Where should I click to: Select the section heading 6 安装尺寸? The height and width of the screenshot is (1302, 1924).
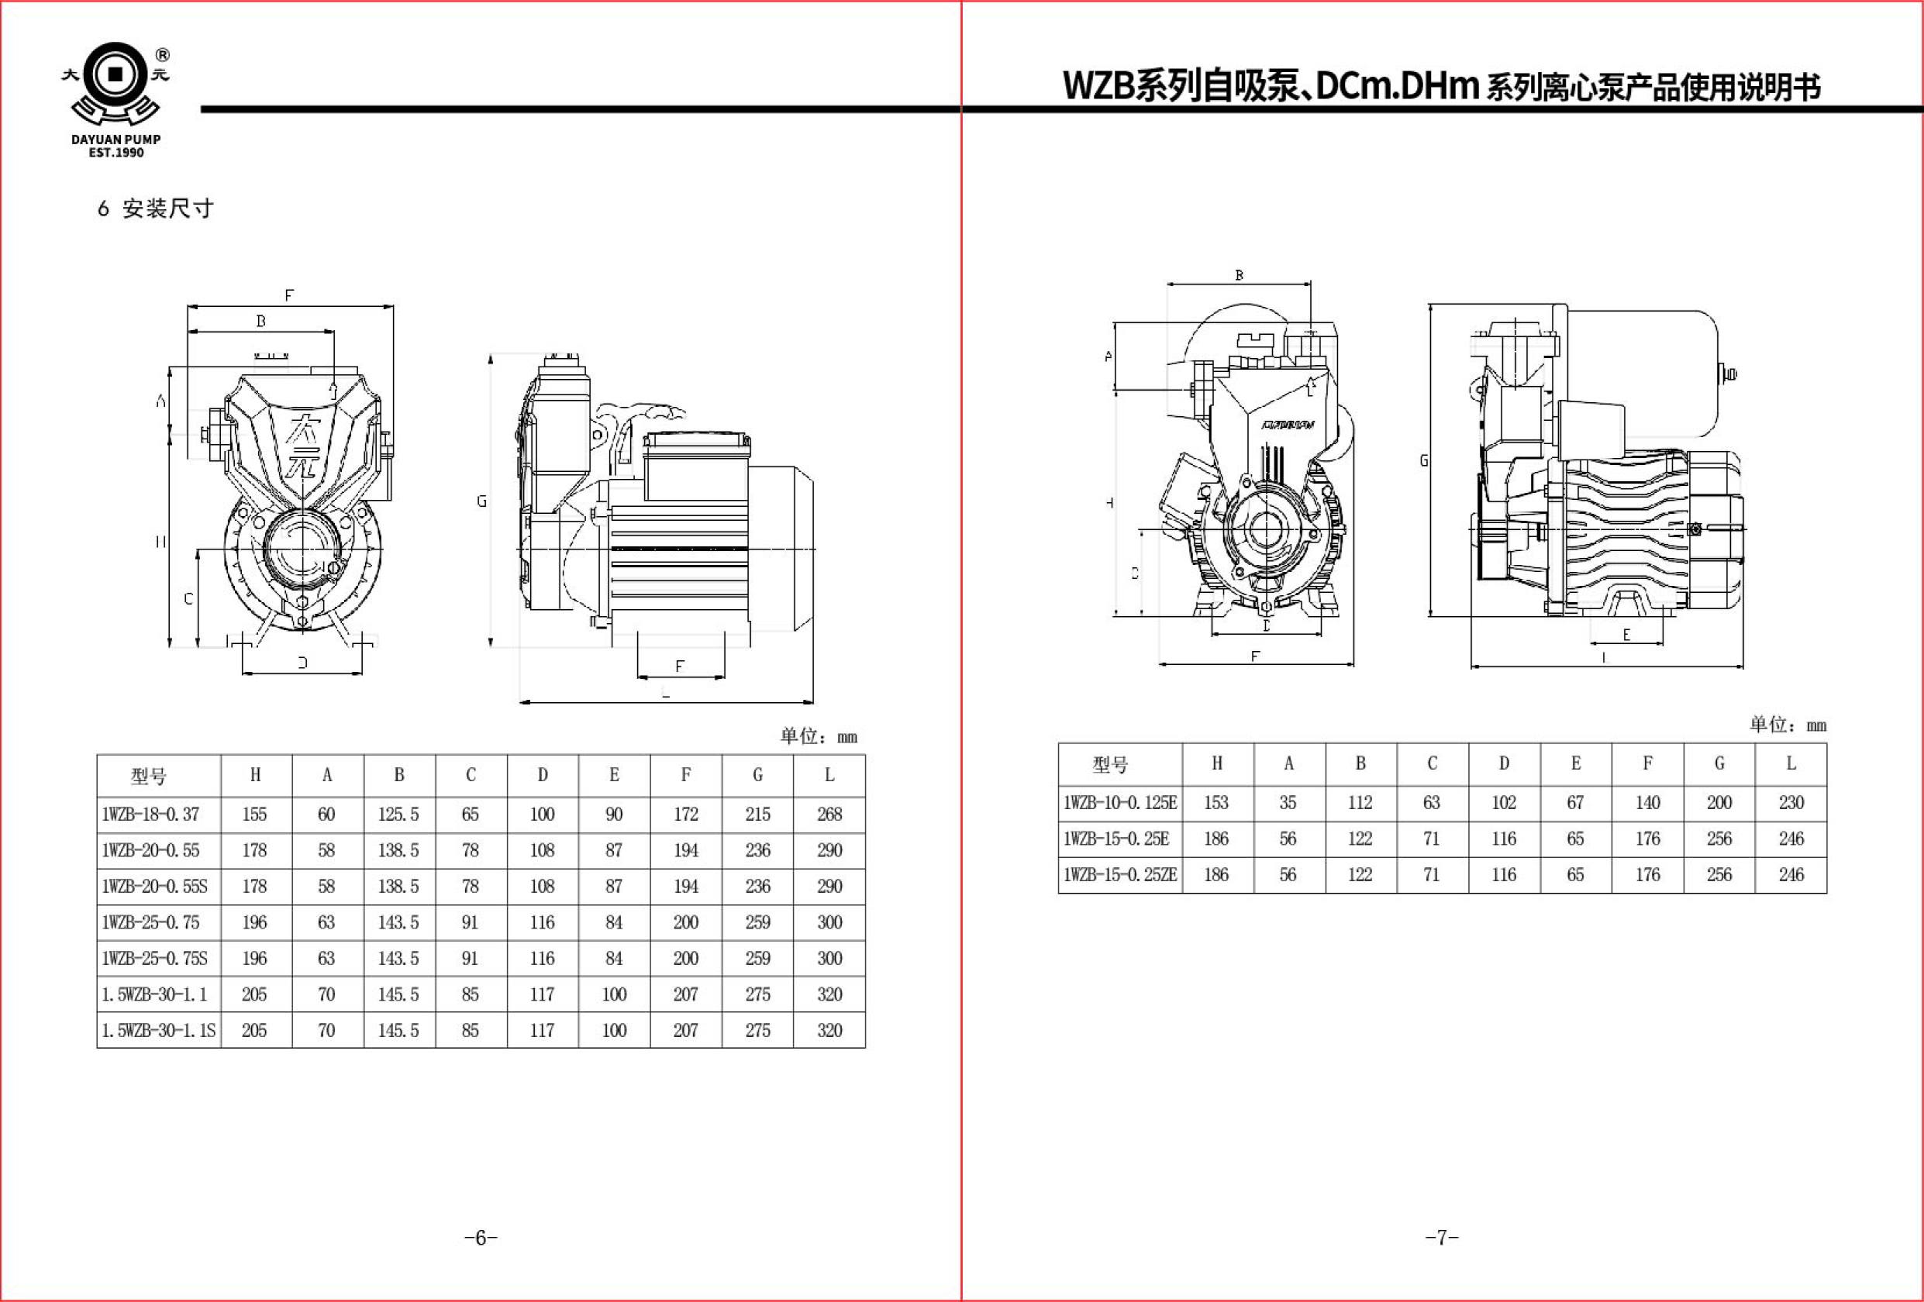pyautogui.click(x=156, y=208)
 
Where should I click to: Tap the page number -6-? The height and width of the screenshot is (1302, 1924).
pyautogui.click(x=481, y=1238)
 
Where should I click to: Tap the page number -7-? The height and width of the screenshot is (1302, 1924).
pyautogui.click(x=1441, y=1238)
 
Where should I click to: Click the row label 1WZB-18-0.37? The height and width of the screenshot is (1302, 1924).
pyautogui.click(x=150, y=815)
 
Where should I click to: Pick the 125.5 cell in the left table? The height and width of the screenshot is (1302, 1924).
pyautogui.click(x=398, y=815)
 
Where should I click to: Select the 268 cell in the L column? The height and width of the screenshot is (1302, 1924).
pyautogui.click(x=829, y=815)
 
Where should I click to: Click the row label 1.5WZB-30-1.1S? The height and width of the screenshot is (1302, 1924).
pyautogui.click(x=158, y=1031)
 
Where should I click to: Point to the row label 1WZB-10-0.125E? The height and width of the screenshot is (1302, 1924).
pyautogui.click(x=1119, y=803)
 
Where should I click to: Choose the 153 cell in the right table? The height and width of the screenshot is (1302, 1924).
pyautogui.click(x=1216, y=803)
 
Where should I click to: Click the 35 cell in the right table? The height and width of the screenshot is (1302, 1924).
pyautogui.click(x=1288, y=803)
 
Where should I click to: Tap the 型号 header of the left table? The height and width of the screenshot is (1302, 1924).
pyautogui.click(x=149, y=776)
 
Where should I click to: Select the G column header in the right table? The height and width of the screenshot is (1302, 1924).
pyautogui.click(x=1719, y=763)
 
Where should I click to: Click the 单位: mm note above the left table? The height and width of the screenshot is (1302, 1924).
pyautogui.click(x=818, y=735)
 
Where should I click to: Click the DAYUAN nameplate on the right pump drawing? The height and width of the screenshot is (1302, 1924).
pyautogui.click(x=1288, y=425)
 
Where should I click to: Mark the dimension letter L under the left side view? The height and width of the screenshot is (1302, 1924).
pyautogui.click(x=666, y=694)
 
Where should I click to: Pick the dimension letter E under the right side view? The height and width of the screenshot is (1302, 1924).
pyautogui.click(x=1626, y=635)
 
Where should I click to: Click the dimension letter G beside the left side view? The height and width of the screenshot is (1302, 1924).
pyautogui.click(x=481, y=501)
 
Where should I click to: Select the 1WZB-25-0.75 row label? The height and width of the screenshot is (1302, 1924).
pyautogui.click(x=150, y=922)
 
